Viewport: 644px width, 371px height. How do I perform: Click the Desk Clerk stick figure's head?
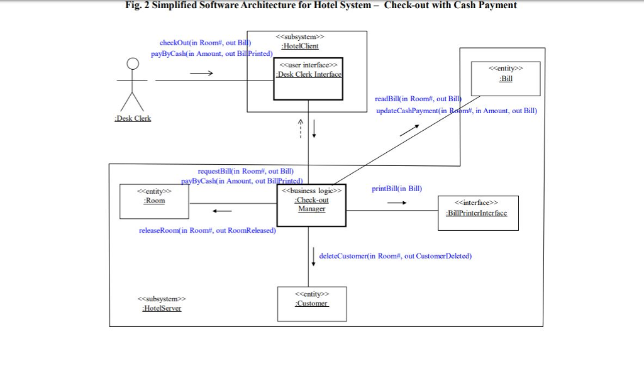132,63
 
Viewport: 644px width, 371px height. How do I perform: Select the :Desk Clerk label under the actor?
133,118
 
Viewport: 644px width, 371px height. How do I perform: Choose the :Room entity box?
154,201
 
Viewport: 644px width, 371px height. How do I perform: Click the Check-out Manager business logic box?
311,204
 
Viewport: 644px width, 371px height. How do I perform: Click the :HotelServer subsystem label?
162,308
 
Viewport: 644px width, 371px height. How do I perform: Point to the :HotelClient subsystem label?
299,46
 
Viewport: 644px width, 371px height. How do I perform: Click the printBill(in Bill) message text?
397,189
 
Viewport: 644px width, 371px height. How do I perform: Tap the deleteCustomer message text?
395,256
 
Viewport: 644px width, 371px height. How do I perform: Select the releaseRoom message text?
207,230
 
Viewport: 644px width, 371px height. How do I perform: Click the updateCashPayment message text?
456,111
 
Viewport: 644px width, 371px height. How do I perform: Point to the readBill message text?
418,99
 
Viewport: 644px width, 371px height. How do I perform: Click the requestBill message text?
245,171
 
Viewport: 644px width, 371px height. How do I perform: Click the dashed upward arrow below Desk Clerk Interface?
301,129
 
